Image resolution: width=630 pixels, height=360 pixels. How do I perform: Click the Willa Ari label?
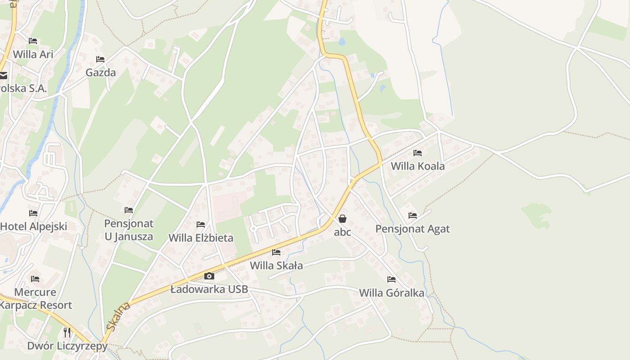(33, 54)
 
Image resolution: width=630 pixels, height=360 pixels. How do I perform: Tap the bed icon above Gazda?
(100, 59)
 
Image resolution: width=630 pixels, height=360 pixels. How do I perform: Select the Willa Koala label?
(418, 166)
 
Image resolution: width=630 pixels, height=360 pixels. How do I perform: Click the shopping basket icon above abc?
(342, 219)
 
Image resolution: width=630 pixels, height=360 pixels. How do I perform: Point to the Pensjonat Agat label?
(413, 229)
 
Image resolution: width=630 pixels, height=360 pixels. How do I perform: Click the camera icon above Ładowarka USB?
(209, 276)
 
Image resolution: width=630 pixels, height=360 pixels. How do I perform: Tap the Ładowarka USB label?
(209, 289)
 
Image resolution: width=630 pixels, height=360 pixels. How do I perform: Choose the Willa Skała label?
(276, 265)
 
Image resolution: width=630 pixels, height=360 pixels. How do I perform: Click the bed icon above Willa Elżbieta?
(201, 224)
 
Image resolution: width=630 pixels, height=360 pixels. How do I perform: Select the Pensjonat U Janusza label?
(129, 230)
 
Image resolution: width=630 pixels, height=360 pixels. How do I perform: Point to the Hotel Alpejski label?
(34, 226)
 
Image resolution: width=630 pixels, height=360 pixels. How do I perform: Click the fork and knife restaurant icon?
(67, 333)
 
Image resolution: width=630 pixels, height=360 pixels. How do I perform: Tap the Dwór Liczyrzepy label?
(67, 346)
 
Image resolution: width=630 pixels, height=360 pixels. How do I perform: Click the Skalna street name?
(118, 316)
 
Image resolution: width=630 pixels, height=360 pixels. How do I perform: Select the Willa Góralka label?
(391, 293)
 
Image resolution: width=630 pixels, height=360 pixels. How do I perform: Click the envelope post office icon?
(3, 76)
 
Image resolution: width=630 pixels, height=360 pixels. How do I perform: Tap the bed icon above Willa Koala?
(418, 153)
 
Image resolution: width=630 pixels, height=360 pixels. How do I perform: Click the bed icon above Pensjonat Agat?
(413, 216)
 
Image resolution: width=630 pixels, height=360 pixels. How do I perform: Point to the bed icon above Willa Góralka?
(391, 279)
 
